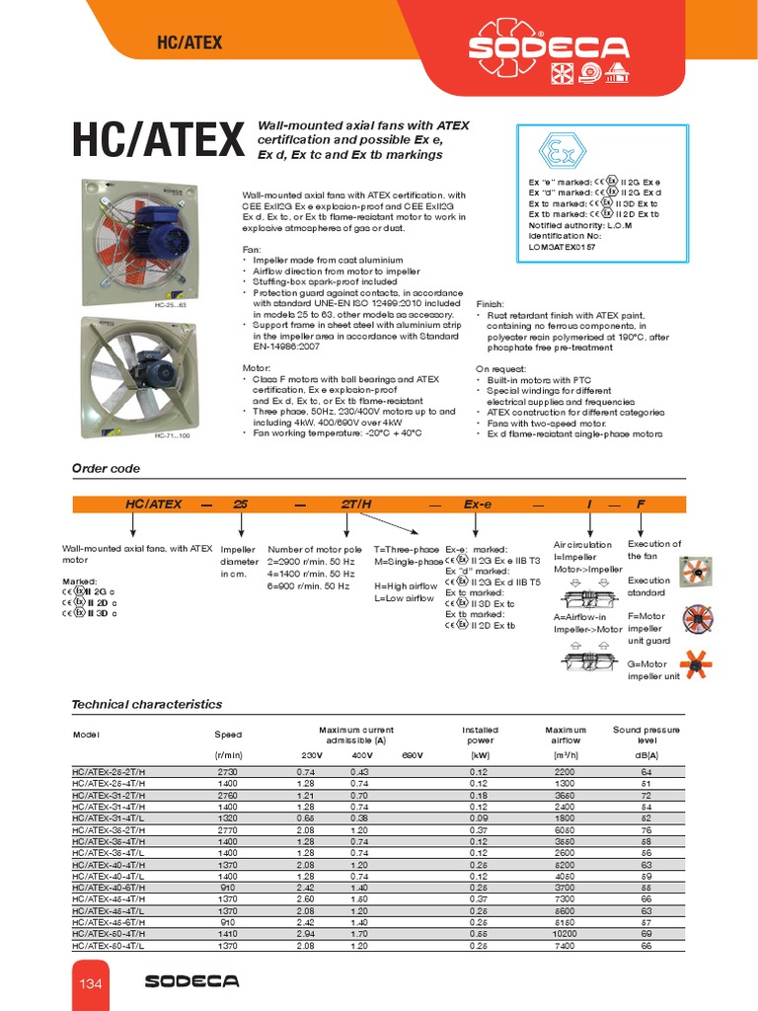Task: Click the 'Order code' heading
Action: click(106, 468)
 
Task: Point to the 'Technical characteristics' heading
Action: click(147, 704)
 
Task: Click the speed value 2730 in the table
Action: click(228, 771)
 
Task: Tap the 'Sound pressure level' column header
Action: click(646, 735)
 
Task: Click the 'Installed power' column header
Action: click(481, 735)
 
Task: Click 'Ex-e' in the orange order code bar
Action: click(478, 504)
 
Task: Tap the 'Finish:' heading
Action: click(491, 304)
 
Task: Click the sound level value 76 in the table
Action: click(646, 830)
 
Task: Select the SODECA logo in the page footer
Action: click(191, 980)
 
